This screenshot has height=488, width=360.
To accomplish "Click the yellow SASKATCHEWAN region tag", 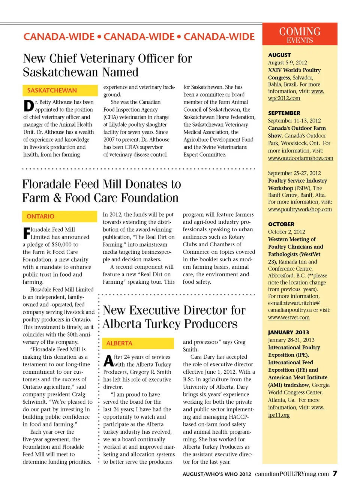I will (52, 90).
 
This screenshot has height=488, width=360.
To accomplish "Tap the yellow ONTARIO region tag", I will (40, 216).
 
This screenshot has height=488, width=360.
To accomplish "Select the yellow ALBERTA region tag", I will (119, 343).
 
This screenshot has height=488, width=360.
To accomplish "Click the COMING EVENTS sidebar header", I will (300, 34).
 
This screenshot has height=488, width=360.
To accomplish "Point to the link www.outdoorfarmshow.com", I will (300, 158).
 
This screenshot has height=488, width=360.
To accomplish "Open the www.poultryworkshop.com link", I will (300, 209).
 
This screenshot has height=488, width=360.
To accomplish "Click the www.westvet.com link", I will (289, 317).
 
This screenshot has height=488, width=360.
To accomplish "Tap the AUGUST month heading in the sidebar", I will (279, 55).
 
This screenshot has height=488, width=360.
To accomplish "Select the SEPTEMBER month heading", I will (284, 113).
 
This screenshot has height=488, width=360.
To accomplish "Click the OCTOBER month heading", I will (281, 224).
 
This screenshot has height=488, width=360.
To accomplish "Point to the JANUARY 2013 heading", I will (288, 332).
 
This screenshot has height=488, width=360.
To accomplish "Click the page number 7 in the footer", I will (335, 473).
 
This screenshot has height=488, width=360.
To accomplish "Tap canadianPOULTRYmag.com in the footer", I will (292, 474).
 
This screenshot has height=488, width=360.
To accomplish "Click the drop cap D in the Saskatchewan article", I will (28, 106).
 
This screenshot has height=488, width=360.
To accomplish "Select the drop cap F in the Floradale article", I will (27, 233).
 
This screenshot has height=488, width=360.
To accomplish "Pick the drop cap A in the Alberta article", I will (108, 361).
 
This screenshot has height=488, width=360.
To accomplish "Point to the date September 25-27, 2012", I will (294, 173).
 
